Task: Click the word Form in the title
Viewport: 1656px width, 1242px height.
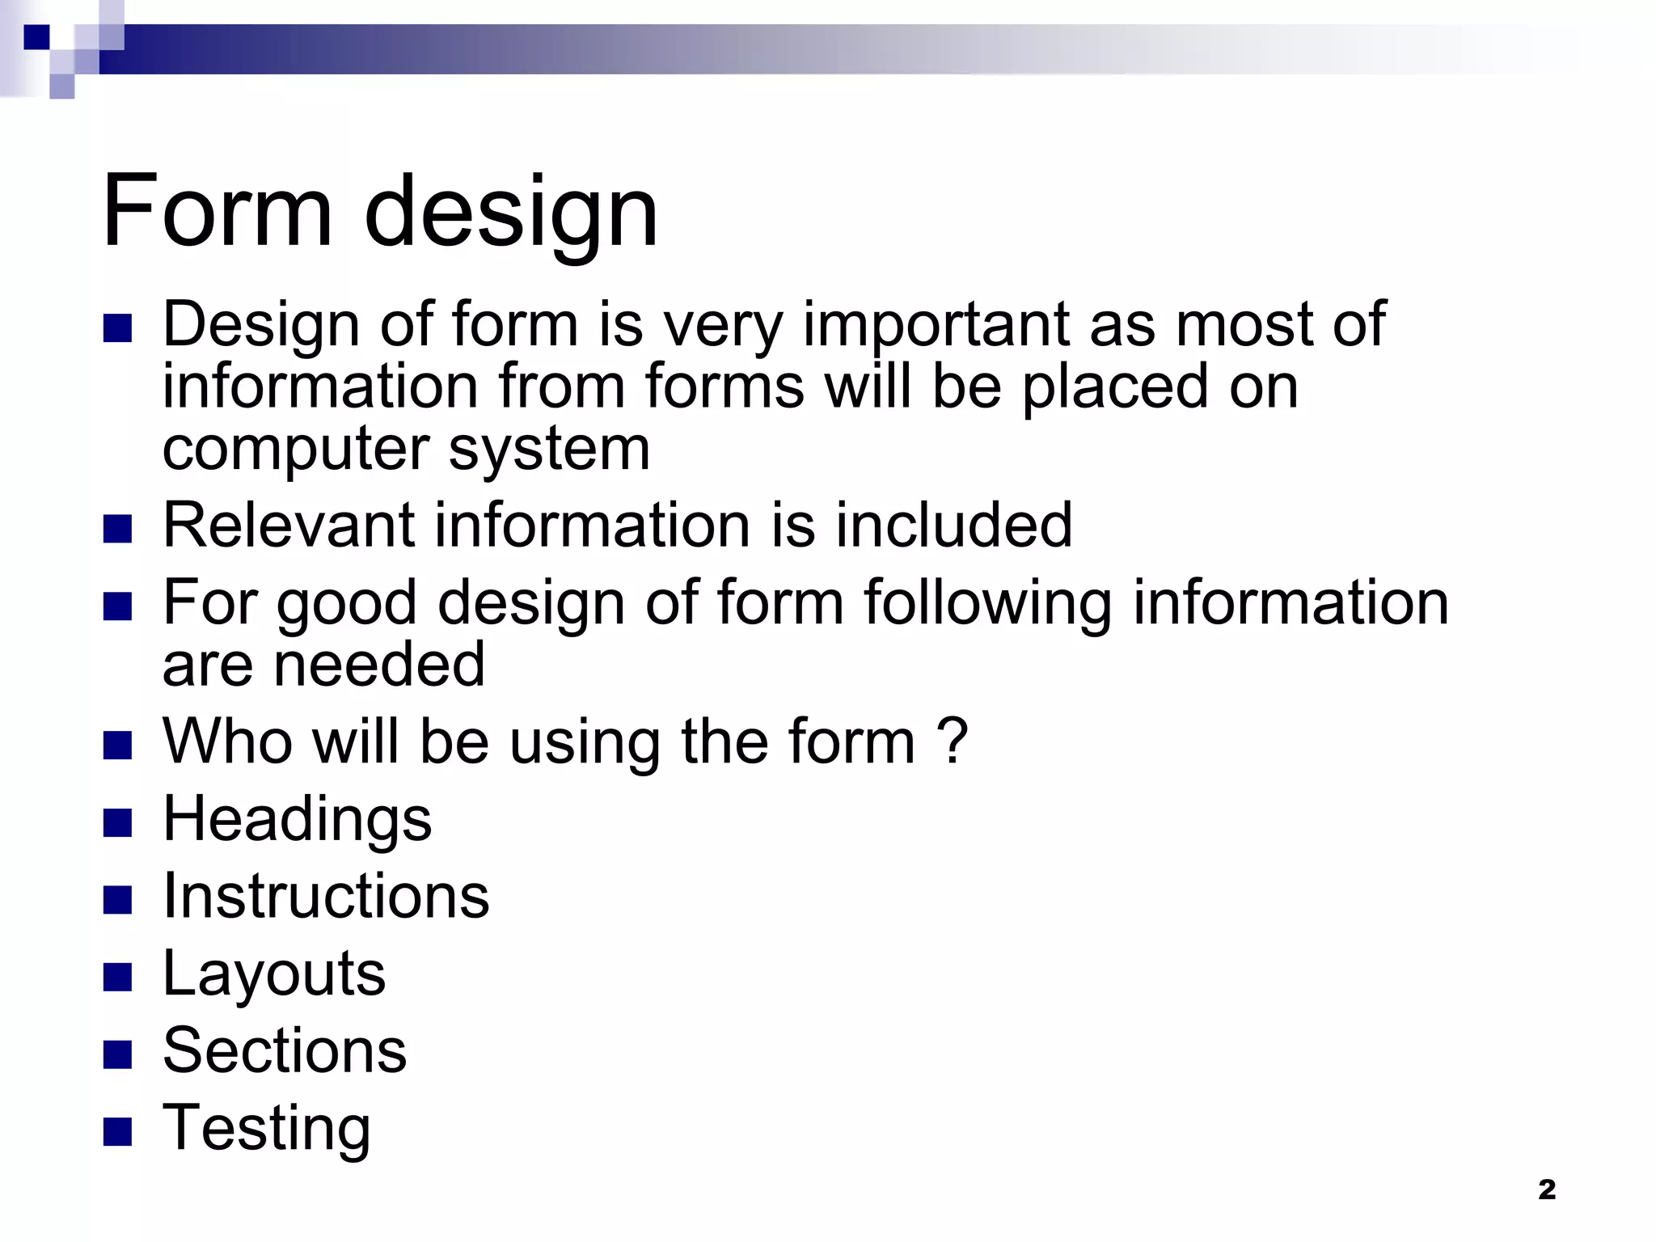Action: pos(217,211)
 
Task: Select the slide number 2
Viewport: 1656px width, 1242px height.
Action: pos(1546,1189)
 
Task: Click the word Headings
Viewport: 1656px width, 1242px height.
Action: pos(297,819)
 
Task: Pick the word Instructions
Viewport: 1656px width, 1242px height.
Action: pos(326,896)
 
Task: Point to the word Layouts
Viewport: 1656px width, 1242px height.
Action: pos(274,974)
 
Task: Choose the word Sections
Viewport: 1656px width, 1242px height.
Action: pos(285,1050)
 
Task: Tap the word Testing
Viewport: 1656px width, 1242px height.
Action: pos(266,1128)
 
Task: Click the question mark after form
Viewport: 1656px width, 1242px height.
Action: pos(954,741)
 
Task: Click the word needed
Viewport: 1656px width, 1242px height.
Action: pos(380,665)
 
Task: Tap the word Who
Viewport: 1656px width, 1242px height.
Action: pos(227,741)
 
